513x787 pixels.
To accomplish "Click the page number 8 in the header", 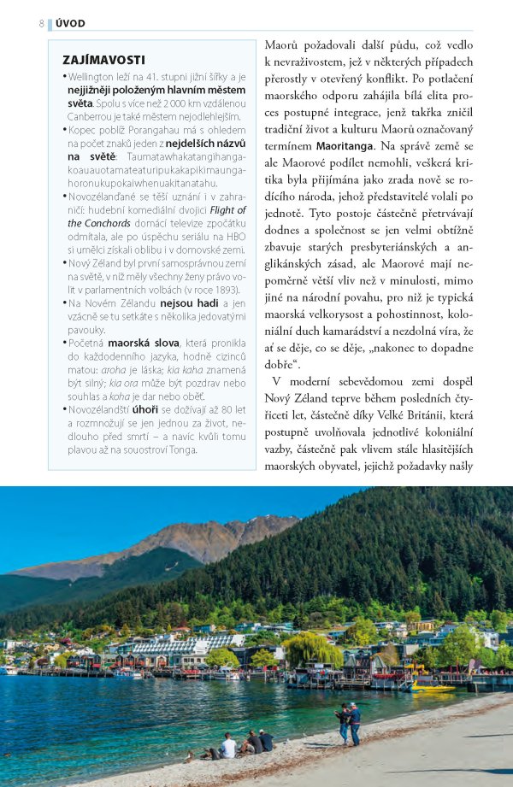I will pos(41,23).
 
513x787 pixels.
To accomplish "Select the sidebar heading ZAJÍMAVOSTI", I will pos(104,60).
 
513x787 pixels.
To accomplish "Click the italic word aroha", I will pos(114,369).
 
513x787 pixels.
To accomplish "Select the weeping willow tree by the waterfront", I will pos(312,651).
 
